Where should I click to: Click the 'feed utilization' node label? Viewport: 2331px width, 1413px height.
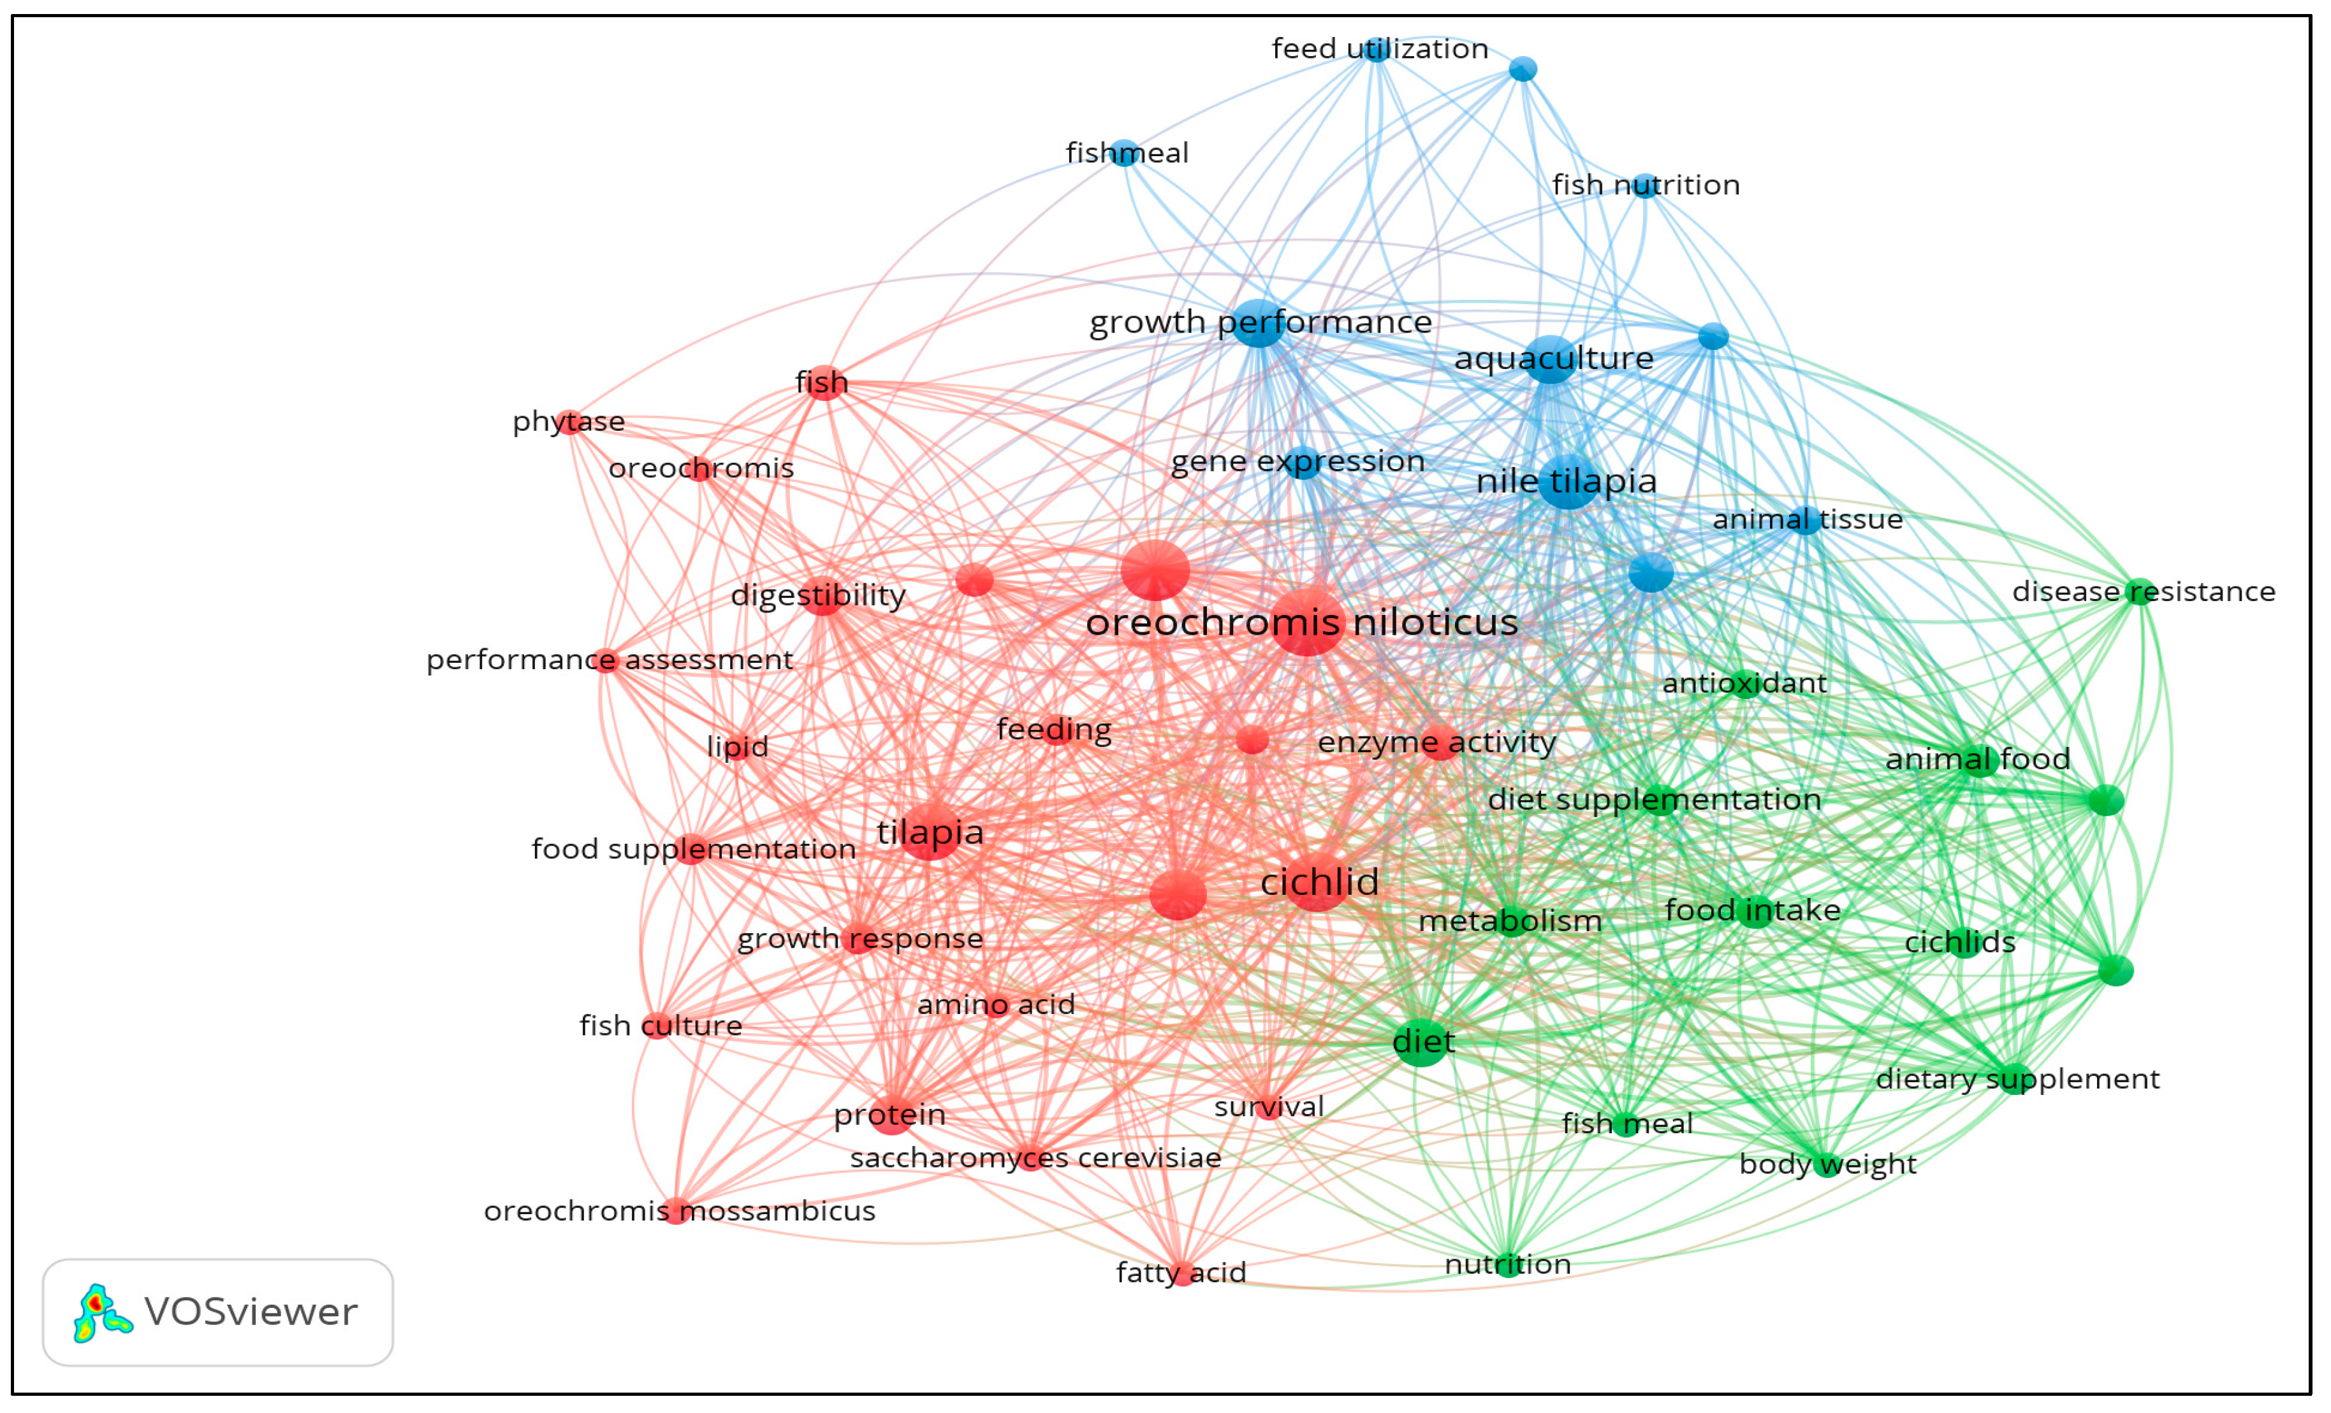coord(1379,48)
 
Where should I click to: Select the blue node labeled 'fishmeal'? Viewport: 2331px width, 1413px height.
coord(1124,152)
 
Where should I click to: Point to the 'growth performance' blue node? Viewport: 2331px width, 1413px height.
coord(1259,322)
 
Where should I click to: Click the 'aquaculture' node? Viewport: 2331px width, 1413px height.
coord(1551,359)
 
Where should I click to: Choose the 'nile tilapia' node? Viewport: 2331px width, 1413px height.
coord(1568,481)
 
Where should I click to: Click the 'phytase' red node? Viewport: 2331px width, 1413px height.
coord(569,422)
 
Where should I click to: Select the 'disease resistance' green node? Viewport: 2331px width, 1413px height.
coord(2139,592)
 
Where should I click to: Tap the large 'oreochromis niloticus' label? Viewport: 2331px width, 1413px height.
coord(1302,622)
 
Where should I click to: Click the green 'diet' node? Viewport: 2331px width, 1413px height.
coord(1422,1041)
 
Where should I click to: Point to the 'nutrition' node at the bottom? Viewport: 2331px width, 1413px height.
coord(1508,1264)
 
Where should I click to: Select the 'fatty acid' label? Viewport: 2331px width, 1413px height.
coord(1181,1273)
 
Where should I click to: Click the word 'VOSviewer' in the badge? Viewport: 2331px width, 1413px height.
coord(251,1312)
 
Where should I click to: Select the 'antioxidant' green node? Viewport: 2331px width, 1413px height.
coord(1744,683)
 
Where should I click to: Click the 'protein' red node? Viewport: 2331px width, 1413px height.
coord(890,1115)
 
